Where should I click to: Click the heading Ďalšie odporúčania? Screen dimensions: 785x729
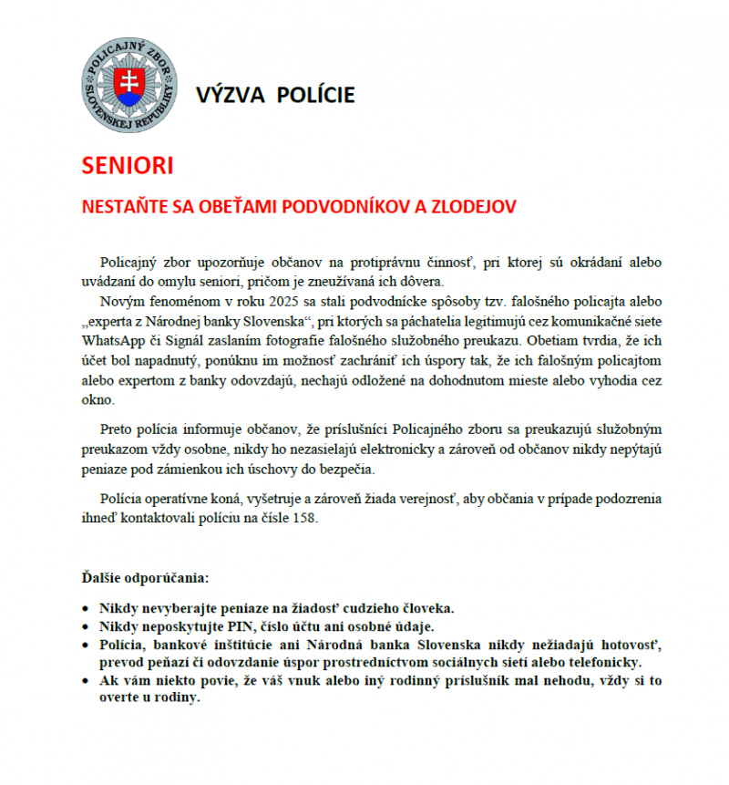(x=145, y=579)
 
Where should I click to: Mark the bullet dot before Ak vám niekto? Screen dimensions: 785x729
(x=86, y=681)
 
